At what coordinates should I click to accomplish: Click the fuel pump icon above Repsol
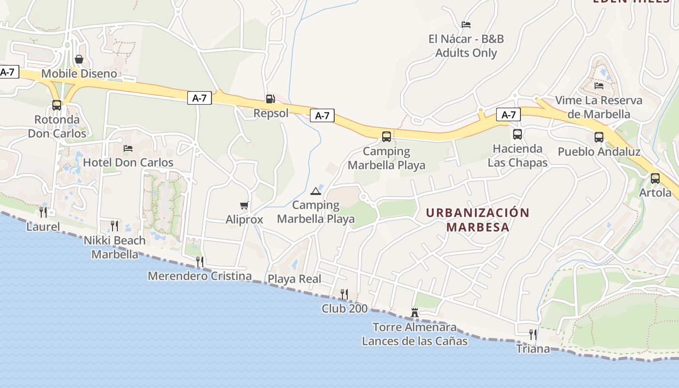270,99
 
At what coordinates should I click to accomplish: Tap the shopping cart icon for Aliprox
244,206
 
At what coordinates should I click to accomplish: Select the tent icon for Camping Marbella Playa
316,191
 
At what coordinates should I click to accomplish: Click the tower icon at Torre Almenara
415,313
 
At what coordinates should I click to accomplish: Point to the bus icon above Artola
655,178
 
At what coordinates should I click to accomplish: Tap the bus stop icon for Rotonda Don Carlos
57,105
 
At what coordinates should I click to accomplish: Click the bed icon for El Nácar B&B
466,25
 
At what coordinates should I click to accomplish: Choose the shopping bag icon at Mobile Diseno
79,59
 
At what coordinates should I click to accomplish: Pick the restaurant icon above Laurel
43,212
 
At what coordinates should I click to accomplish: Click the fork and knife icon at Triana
533,335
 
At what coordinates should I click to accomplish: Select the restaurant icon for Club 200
344,294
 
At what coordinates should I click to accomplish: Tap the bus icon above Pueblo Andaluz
599,137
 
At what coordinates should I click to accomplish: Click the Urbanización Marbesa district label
478,220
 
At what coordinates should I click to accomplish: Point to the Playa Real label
294,279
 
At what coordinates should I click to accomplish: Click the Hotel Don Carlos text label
128,162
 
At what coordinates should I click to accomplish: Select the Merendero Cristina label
200,276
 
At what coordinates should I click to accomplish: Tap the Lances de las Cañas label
415,341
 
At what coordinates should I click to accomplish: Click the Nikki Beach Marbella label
115,247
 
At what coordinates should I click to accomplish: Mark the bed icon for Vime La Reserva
599,86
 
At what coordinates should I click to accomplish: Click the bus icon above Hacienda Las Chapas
517,134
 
